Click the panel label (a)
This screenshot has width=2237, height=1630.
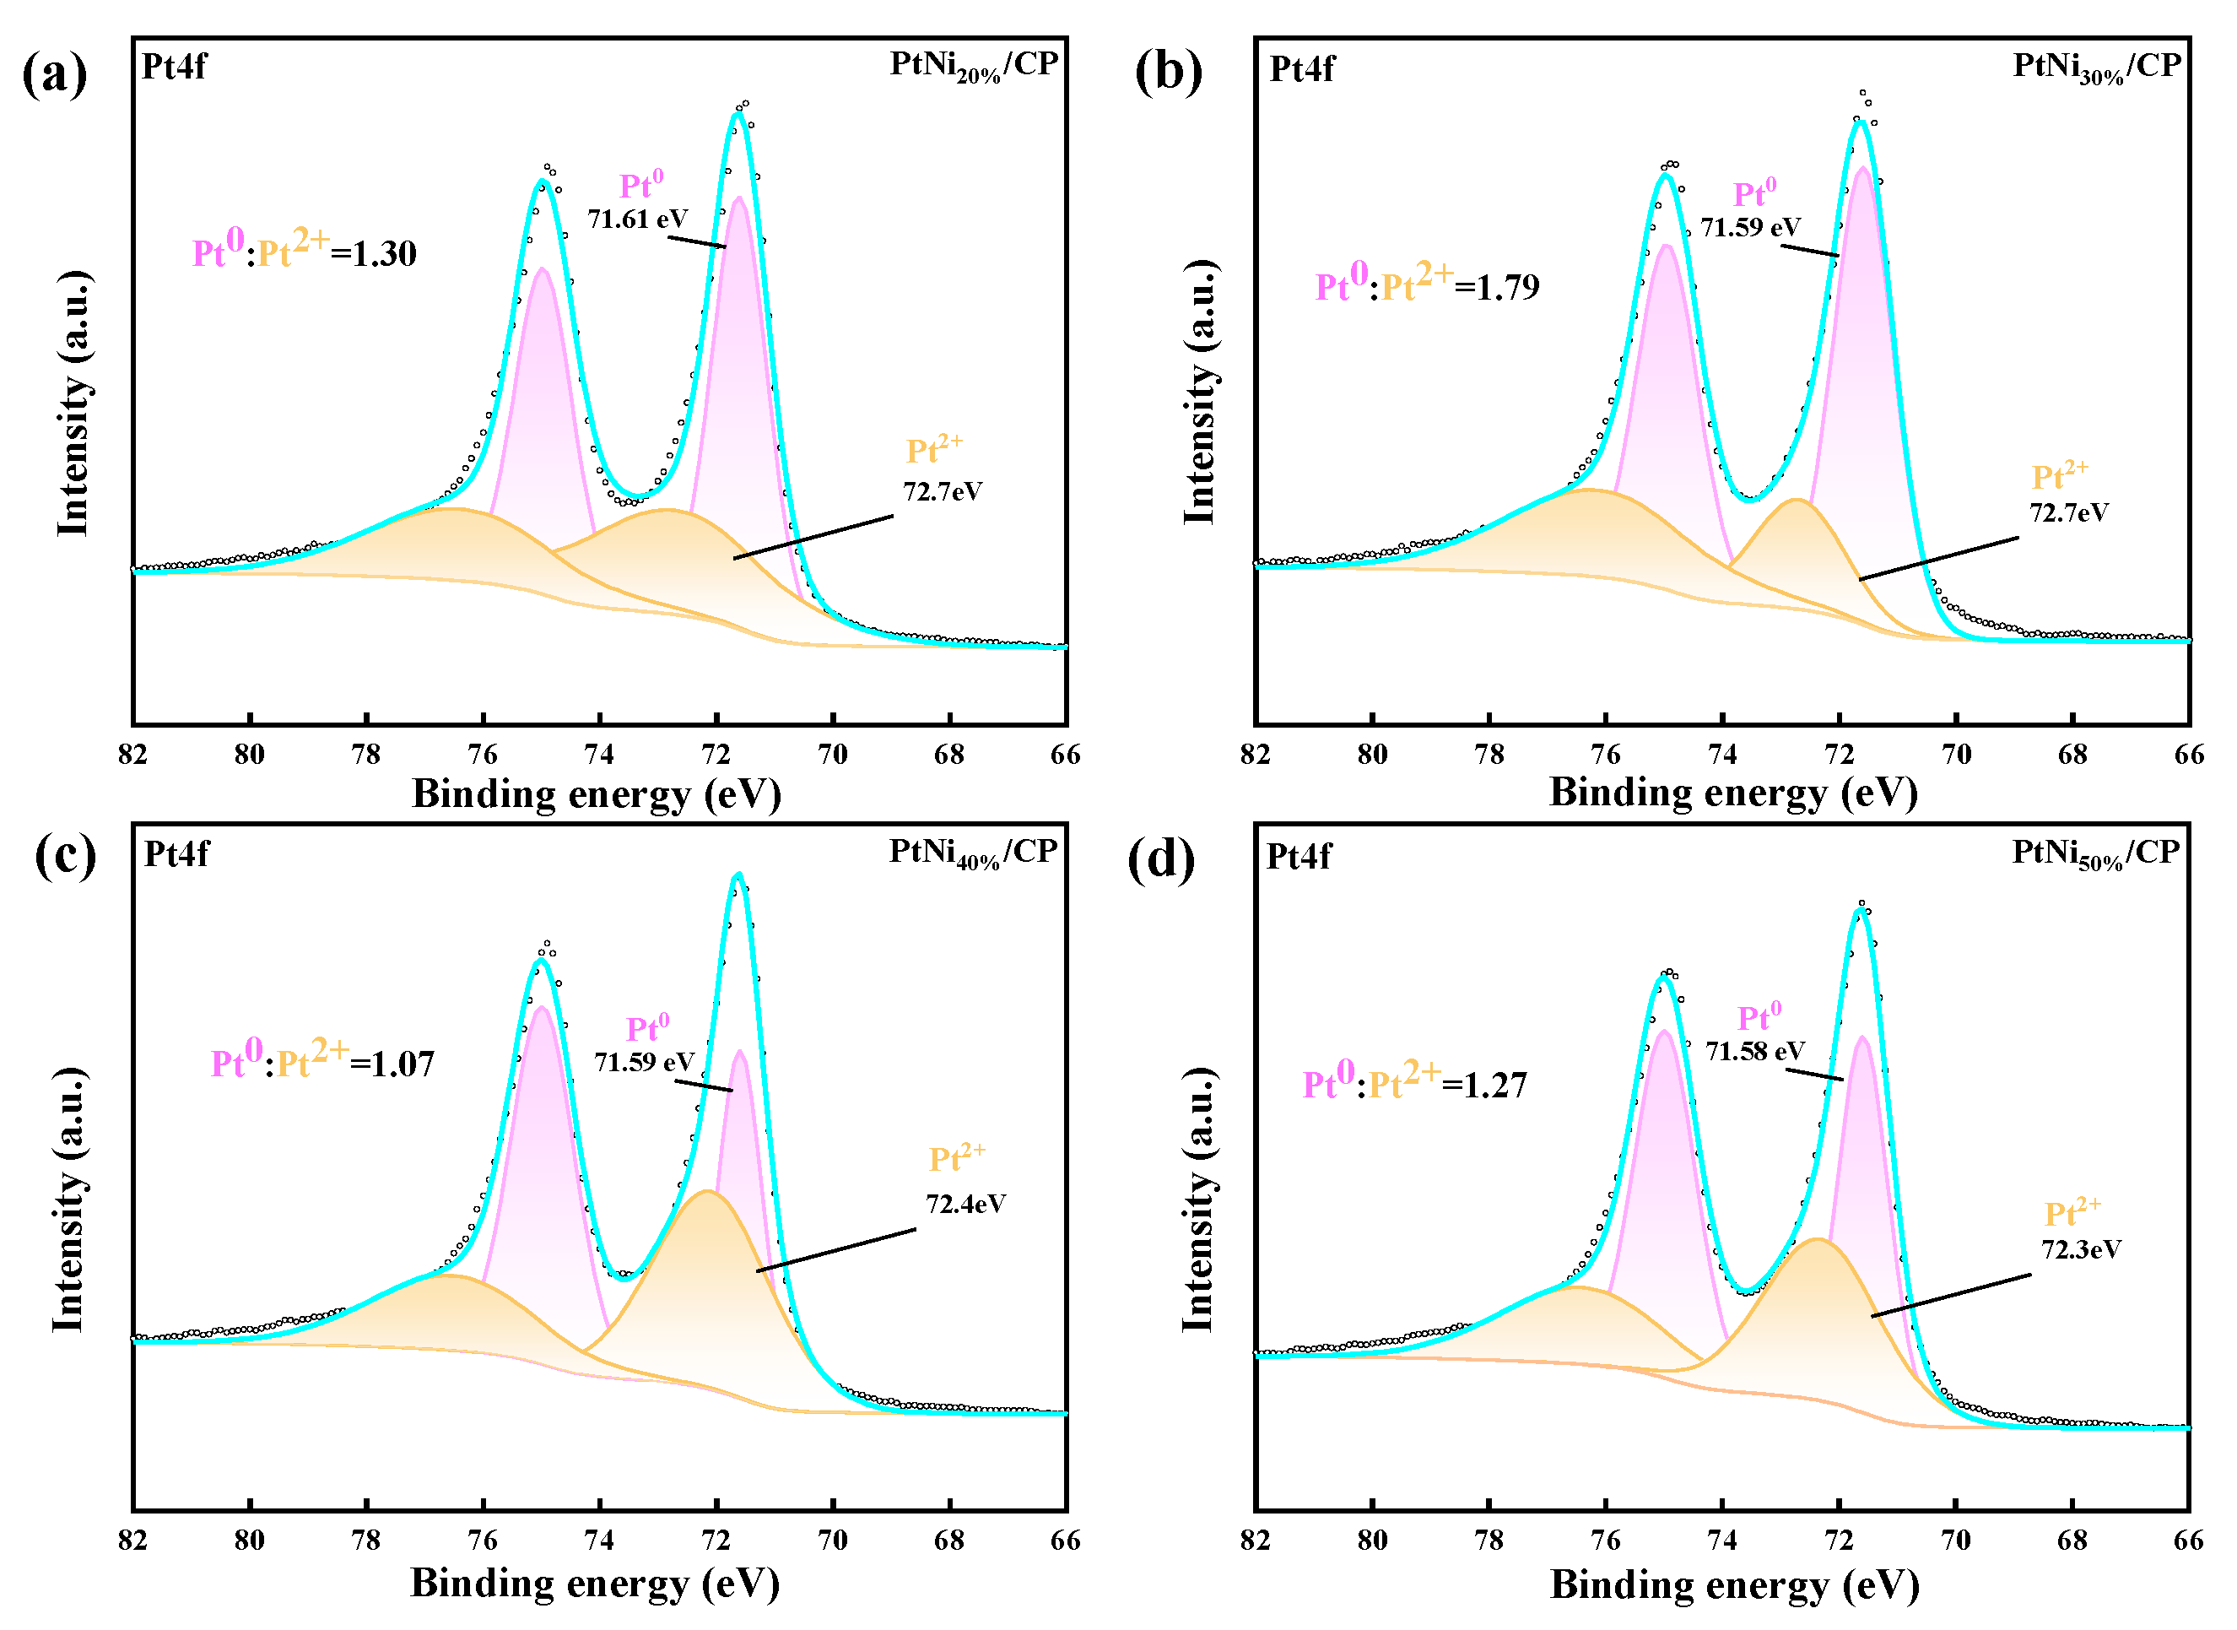[x=54, y=75]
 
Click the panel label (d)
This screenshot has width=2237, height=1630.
[x=1161, y=860]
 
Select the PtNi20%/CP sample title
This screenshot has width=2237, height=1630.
[x=974, y=66]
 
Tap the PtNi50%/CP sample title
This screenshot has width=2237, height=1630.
[x=2096, y=854]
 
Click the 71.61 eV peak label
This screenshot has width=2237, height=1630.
[x=637, y=219]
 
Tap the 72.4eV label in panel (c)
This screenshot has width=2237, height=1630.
[x=965, y=1204]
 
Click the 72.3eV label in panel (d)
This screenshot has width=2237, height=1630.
[x=2081, y=1250]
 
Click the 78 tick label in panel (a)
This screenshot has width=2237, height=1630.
[x=366, y=755]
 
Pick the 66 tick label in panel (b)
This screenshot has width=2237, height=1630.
[x=2189, y=755]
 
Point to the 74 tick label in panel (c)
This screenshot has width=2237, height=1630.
[x=599, y=1541]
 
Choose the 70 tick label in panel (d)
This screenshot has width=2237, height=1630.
[x=1955, y=1541]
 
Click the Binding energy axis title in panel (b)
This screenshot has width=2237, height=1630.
[x=1733, y=793]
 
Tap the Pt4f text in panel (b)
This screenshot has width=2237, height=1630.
[x=1301, y=69]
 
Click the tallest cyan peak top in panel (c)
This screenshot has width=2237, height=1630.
[x=738, y=875]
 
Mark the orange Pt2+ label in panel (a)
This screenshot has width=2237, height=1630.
[x=934, y=449]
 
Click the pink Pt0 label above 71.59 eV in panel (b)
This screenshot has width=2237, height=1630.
[x=1754, y=192]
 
